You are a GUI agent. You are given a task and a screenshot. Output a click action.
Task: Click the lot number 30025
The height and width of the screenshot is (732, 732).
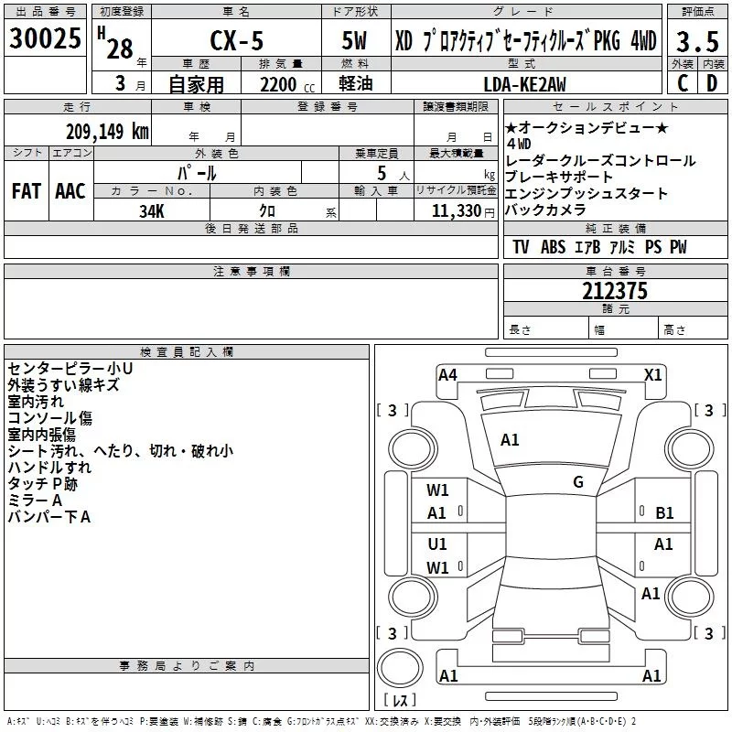pyautogui.click(x=45, y=40)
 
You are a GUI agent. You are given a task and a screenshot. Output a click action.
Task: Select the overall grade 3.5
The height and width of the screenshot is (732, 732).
pyautogui.click(x=696, y=42)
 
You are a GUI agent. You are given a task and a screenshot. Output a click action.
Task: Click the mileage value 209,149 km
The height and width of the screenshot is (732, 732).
pyautogui.click(x=107, y=131)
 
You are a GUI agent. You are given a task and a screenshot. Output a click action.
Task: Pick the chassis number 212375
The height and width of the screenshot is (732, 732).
pyautogui.click(x=615, y=291)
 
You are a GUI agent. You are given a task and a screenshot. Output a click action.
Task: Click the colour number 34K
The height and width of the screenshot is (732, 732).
pyautogui.click(x=151, y=211)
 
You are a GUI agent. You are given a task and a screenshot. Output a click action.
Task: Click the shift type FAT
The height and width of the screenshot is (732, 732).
pyautogui.click(x=27, y=191)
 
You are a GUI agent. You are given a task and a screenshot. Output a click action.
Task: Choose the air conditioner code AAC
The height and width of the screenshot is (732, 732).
pyautogui.click(x=70, y=191)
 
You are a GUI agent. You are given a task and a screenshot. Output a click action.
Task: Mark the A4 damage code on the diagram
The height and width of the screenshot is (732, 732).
pyautogui.click(x=447, y=374)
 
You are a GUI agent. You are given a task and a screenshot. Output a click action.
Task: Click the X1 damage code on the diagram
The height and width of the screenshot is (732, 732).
pyautogui.click(x=653, y=374)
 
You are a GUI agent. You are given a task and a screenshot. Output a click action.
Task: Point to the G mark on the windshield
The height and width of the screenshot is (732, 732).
pyautogui.click(x=578, y=482)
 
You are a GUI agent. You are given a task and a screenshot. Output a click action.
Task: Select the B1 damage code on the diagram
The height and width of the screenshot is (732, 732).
pyautogui.click(x=664, y=513)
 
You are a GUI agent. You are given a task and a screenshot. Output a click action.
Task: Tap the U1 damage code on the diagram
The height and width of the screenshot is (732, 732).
pyautogui.click(x=437, y=544)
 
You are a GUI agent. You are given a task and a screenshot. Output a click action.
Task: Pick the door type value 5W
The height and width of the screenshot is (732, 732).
pyautogui.click(x=353, y=43)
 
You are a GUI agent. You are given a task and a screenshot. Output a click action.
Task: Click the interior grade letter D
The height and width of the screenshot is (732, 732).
pyautogui.click(x=711, y=83)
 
